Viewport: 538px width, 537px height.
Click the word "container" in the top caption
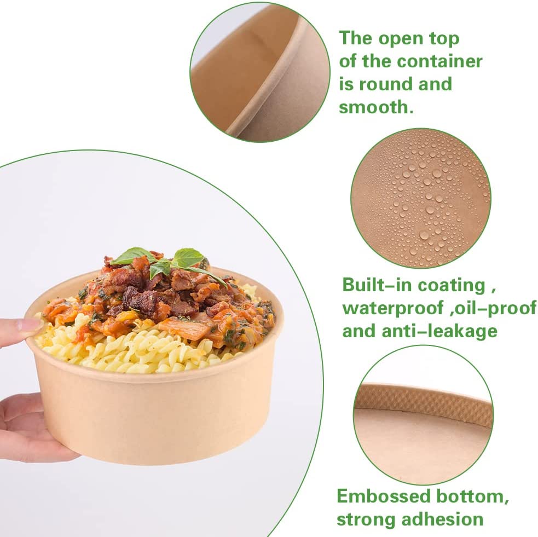[x=439, y=62]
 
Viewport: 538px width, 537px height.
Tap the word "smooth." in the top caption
[x=376, y=107]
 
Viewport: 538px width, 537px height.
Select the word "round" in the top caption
[x=386, y=84]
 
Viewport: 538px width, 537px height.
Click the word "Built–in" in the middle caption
[x=377, y=285]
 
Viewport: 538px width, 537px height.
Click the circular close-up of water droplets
[x=421, y=198]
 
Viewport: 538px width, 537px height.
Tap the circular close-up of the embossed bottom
[x=423, y=415]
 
